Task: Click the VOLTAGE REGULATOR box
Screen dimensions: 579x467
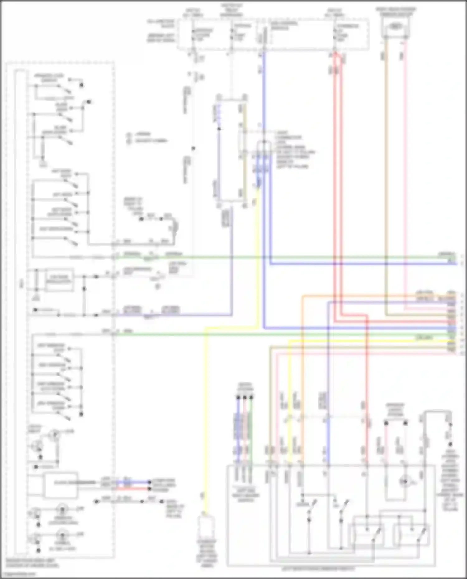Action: (59, 280)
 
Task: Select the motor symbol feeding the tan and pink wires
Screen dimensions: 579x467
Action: (395, 27)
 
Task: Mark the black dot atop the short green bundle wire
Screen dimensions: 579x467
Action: (251, 397)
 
